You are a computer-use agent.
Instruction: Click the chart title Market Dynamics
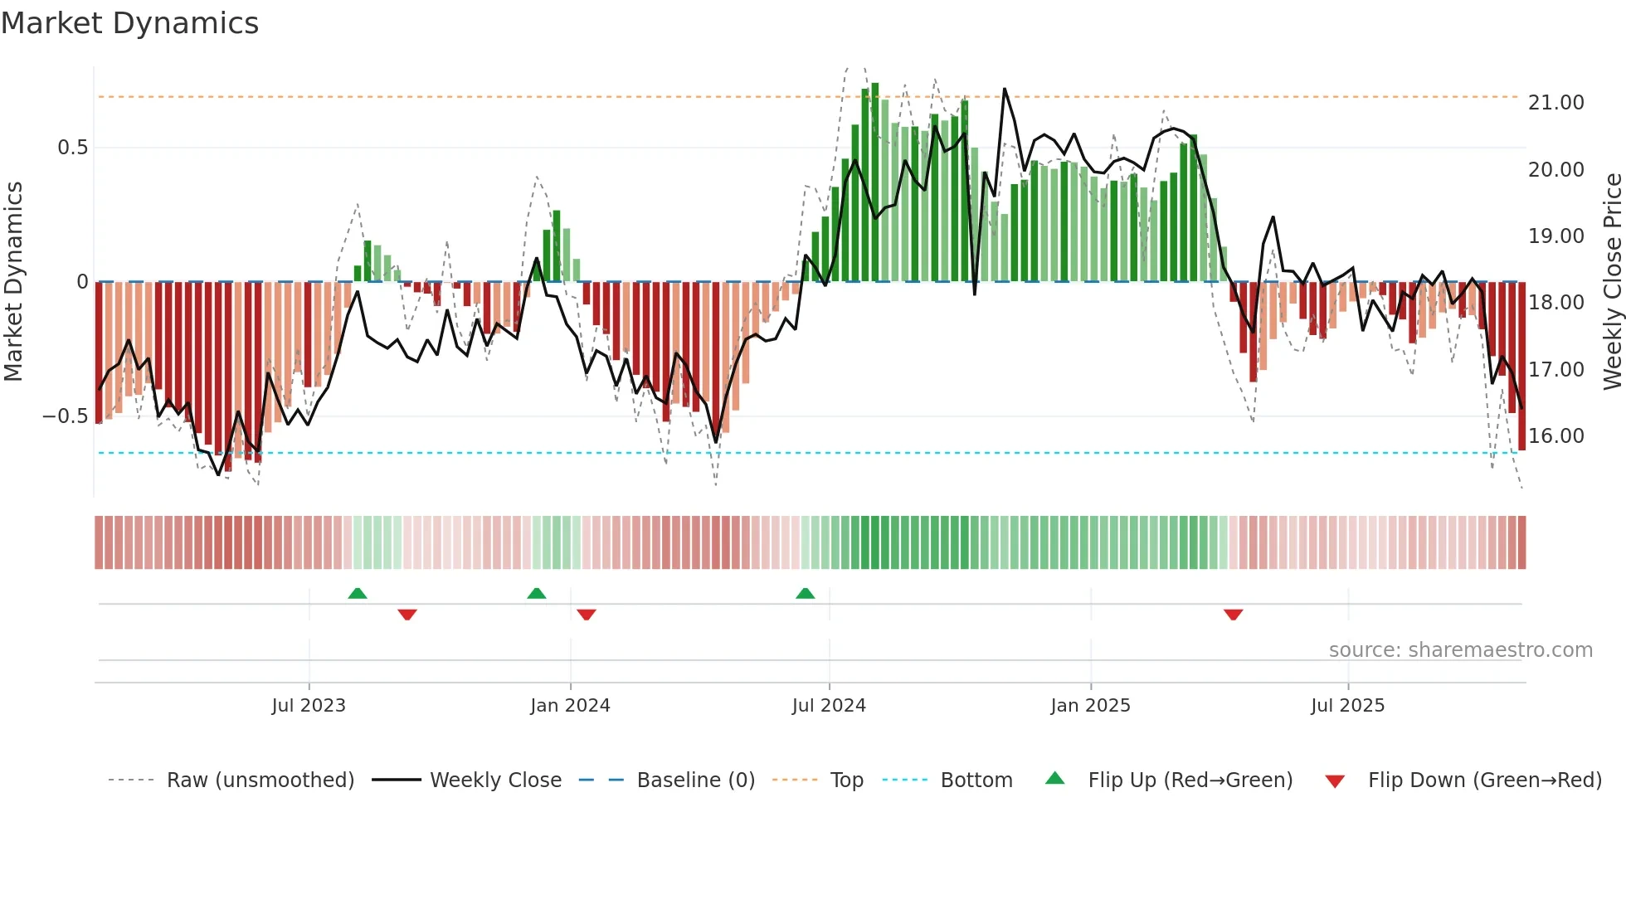[129, 23]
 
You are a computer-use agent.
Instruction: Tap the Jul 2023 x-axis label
[309, 706]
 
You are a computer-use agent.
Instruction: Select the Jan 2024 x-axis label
[570, 706]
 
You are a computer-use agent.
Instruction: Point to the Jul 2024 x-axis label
[829, 706]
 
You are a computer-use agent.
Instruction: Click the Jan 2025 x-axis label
[1090, 706]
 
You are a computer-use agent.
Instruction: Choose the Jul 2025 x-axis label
[1348, 706]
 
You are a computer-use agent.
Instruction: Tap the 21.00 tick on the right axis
[1555, 103]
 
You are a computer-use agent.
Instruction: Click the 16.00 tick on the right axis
[1555, 436]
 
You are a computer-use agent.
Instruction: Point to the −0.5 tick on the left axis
[65, 416]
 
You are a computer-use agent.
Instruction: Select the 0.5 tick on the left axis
[72, 148]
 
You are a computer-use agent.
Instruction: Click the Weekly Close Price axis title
[1612, 282]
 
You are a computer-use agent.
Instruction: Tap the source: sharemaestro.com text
[1460, 650]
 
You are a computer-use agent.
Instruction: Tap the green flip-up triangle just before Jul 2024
[805, 594]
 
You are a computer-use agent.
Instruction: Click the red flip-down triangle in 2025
[1233, 615]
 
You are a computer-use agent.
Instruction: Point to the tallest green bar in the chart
[875, 182]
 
